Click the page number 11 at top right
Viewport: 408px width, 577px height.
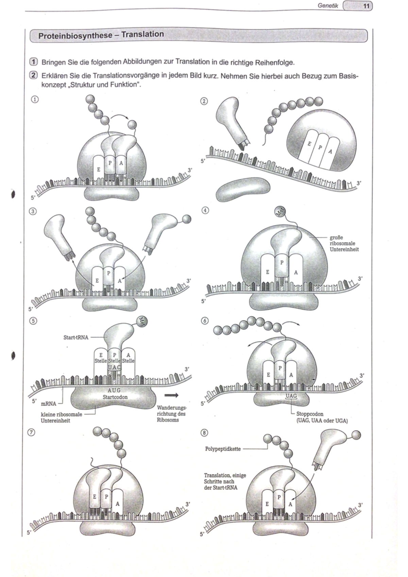coord(366,6)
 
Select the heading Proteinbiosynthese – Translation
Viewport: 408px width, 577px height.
coord(101,35)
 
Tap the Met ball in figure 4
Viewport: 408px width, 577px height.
coord(280,212)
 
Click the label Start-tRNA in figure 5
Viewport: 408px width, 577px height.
coord(76,337)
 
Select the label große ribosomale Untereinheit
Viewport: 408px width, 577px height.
coord(344,243)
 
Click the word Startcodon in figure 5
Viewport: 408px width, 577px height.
coord(115,397)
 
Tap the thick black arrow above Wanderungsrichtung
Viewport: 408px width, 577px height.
coord(171,395)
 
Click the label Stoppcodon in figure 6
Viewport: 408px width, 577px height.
coord(310,414)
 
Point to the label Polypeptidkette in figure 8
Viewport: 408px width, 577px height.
coord(223,449)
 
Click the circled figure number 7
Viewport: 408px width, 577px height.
coord(31,432)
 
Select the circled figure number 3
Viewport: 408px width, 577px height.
coord(33,211)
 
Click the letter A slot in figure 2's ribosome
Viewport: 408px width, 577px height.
coord(329,151)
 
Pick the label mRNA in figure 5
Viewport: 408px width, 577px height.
coord(48,404)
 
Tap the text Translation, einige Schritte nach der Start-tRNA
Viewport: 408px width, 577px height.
coord(224,481)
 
